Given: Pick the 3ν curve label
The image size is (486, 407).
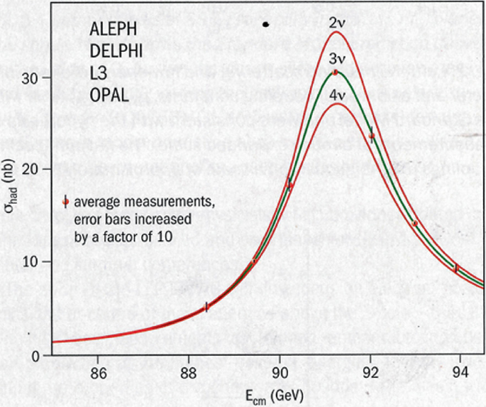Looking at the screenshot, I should (x=336, y=58).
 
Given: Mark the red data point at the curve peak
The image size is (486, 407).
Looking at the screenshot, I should (x=336, y=72).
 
